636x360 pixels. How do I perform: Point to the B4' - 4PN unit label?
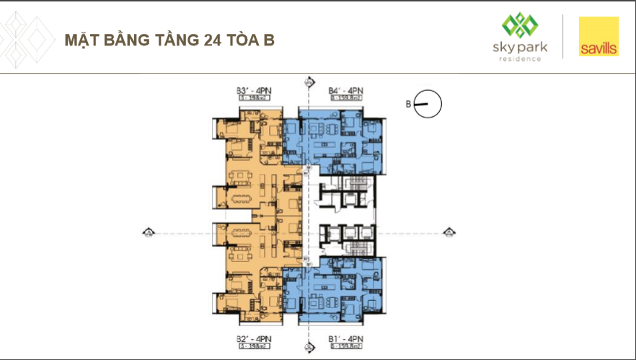pyautogui.click(x=345, y=91)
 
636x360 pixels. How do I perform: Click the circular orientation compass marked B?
pyautogui.click(x=428, y=105)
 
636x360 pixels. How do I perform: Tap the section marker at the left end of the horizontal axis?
pyautogui.click(x=149, y=232)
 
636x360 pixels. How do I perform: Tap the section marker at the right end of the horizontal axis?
pyautogui.click(x=449, y=232)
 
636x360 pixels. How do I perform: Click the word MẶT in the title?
pyautogui.click(x=81, y=39)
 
